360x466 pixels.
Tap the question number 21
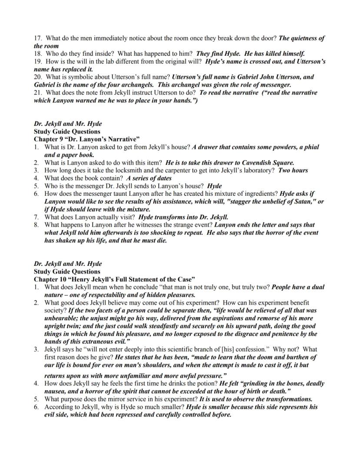[x=37, y=93]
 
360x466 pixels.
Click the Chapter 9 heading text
[x=87, y=139]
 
